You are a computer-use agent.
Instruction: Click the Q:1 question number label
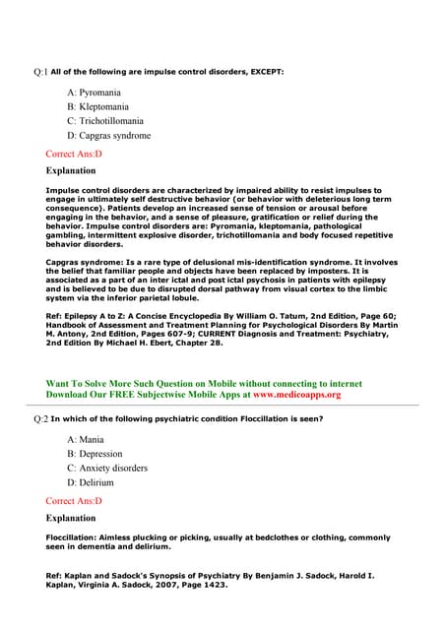coord(40,72)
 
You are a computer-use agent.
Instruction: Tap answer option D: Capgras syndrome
coord(108,136)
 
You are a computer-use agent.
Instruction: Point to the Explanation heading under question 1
coord(71,170)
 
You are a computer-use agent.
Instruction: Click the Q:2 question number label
coord(40,419)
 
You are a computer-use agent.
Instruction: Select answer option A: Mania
coord(86,439)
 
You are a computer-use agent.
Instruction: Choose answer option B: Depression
coord(95,454)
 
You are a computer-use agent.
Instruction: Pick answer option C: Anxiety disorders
coord(107,469)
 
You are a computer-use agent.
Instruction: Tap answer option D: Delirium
coord(91,483)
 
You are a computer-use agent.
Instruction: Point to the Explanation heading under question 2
coord(71,518)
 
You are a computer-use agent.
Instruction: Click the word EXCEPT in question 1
coord(265,72)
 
